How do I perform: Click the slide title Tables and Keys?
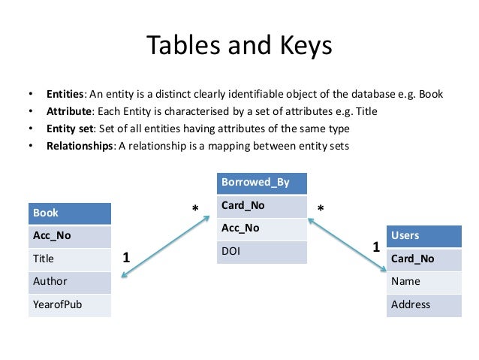[x=239, y=47]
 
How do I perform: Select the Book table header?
[x=69, y=213]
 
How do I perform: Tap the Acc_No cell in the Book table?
[x=69, y=235]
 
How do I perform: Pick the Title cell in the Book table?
[x=69, y=258]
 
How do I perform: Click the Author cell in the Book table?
[x=69, y=281]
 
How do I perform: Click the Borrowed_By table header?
[x=262, y=182]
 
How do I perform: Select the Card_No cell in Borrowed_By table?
[x=262, y=204]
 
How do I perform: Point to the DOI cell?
[x=262, y=250]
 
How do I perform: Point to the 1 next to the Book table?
[x=126, y=257]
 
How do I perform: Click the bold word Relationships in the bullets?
[x=79, y=146]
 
